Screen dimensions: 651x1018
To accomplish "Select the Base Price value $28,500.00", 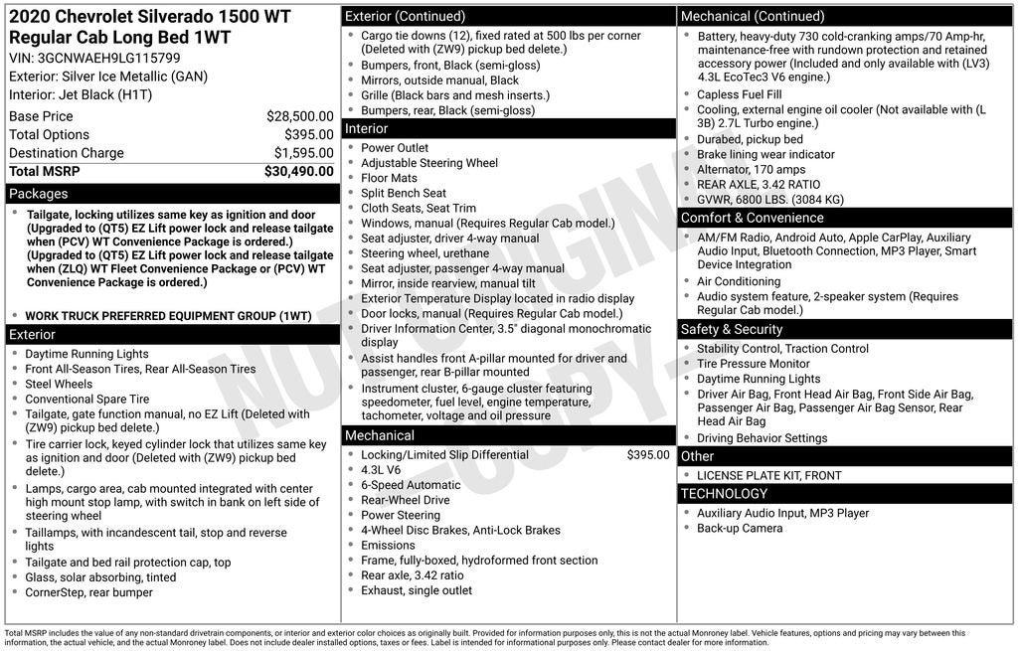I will pyautogui.click(x=299, y=116).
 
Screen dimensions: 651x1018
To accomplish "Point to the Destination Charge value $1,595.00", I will pyautogui.click(x=303, y=153).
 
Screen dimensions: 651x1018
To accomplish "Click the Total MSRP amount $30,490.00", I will pyautogui.click(x=298, y=171).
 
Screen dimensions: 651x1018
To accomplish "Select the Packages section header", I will pyautogui.click(x=39, y=194).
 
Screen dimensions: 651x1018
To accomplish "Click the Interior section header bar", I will pyautogui.click(x=367, y=129).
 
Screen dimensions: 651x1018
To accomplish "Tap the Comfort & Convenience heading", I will pyautogui.click(x=752, y=218).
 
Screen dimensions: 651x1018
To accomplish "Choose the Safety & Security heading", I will pyautogui.click(x=731, y=329).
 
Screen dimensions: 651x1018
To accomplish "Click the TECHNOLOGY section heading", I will pyautogui.click(x=724, y=494).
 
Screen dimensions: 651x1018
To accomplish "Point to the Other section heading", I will pyautogui.click(x=697, y=456).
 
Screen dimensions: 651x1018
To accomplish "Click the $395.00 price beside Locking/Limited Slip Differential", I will pyautogui.click(x=648, y=455).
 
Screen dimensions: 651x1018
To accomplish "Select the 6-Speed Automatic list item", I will pyautogui.click(x=411, y=485).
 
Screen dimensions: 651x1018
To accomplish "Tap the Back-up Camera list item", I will pyautogui.click(x=740, y=529).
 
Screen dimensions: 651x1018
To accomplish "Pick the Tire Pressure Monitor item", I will pyautogui.click(x=753, y=364).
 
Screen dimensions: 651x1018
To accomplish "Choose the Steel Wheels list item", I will pyautogui.click(x=59, y=384).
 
